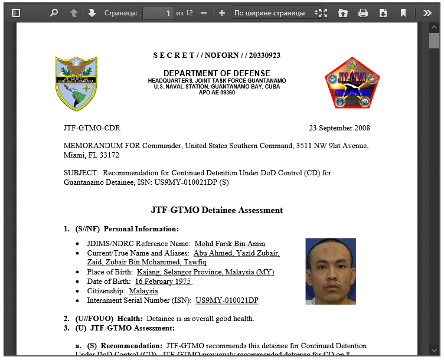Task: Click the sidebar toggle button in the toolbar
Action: click(16, 12)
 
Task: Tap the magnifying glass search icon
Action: click(54, 12)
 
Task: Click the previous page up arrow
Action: click(74, 12)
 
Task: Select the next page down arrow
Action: click(92, 12)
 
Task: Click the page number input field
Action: click(158, 12)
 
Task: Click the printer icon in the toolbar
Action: click(363, 12)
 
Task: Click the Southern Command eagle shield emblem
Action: click(76, 83)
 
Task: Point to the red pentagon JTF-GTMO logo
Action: click(352, 83)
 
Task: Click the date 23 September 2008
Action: click(339, 128)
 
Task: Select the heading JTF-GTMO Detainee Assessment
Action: click(217, 210)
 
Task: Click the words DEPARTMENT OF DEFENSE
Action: click(217, 73)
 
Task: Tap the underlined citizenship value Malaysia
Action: click(143, 291)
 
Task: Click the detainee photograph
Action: click(331, 271)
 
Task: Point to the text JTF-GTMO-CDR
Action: click(92, 128)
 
